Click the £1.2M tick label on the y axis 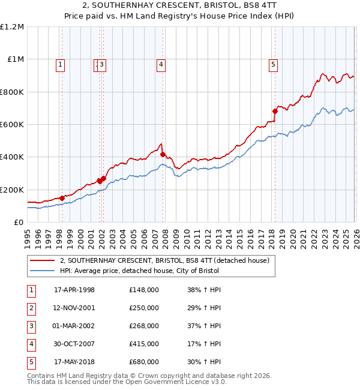(12, 27)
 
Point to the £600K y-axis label (12, 125)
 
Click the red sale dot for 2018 (275, 111)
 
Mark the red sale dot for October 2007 (163, 154)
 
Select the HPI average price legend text (139, 271)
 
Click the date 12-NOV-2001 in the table (74, 308)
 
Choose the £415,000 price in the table (144, 344)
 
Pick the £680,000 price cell (144, 362)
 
